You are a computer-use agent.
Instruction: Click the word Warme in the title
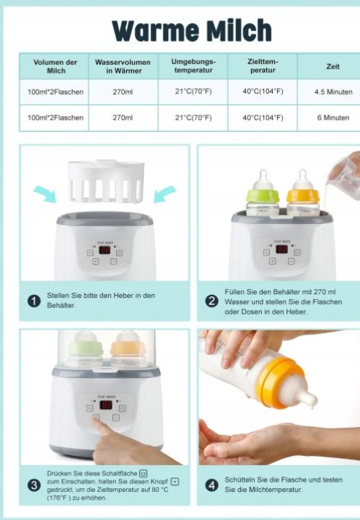tap(156, 30)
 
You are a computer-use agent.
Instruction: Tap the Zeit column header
tap(333, 66)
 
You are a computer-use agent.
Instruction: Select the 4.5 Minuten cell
tap(333, 92)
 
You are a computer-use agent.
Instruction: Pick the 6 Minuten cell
tap(333, 118)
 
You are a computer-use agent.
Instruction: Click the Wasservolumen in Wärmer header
tap(123, 66)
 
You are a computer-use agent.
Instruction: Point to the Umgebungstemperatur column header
tap(193, 66)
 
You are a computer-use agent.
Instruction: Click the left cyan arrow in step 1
tap(45, 194)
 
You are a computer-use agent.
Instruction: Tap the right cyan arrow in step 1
tap(165, 194)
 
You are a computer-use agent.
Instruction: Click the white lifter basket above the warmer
tap(106, 182)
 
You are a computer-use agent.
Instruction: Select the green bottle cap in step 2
tap(263, 196)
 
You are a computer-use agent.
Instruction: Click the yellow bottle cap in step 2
tap(303, 196)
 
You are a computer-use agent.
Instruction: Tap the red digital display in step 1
tap(105, 250)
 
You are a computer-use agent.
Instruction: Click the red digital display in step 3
tap(106, 405)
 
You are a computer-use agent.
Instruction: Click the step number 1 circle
tap(34, 301)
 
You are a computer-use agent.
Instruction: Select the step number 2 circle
tap(211, 301)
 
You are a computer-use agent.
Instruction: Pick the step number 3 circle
tap(34, 485)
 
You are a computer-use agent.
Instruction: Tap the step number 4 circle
tap(211, 485)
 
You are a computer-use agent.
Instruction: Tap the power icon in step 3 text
tap(144, 473)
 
